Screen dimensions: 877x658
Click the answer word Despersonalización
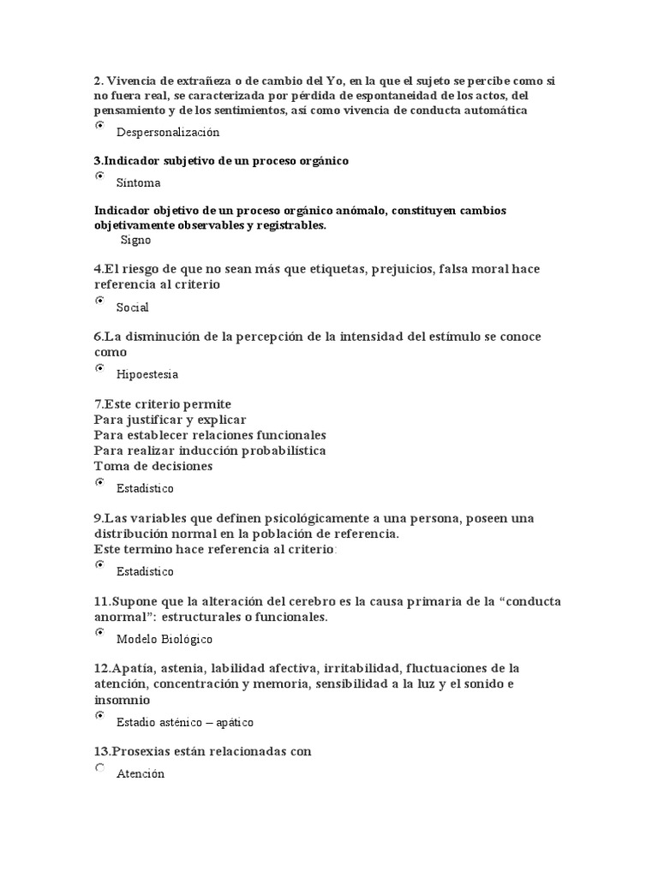(x=168, y=133)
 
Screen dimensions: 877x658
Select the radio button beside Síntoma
(x=99, y=176)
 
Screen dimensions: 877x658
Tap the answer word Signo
(x=135, y=241)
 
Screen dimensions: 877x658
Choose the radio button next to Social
(x=99, y=301)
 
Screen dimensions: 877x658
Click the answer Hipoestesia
(x=147, y=374)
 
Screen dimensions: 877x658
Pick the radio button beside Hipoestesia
(x=99, y=367)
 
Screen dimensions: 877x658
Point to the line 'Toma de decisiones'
(x=153, y=466)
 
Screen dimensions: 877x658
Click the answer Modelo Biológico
(x=164, y=639)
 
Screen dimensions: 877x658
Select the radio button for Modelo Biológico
(x=99, y=632)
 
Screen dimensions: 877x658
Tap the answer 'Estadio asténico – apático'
(x=185, y=722)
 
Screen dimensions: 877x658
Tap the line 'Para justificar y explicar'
(x=170, y=420)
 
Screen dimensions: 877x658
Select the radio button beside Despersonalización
(x=99, y=126)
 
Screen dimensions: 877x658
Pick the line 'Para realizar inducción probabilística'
(x=210, y=450)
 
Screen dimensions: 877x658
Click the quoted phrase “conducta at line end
(x=530, y=601)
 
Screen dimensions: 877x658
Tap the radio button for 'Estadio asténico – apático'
(x=99, y=715)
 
